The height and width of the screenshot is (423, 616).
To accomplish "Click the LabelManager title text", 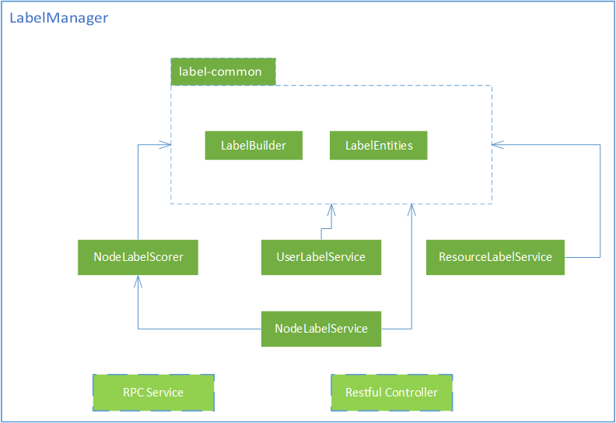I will click(59, 18).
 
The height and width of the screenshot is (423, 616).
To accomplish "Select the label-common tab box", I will click(222, 72).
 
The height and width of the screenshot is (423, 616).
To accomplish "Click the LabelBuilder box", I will click(254, 146).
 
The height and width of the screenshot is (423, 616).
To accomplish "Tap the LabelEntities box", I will click(379, 146).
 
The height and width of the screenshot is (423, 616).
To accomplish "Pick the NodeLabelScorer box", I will click(138, 257).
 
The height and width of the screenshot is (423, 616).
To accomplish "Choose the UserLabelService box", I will click(320, 257).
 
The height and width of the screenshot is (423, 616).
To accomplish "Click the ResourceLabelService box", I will click(495, 257).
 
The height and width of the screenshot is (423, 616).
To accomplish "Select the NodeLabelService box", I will click(320, 329).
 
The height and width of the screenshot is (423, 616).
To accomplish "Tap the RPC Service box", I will click(153, 392).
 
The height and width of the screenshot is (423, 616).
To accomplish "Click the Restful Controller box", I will click(391, 392).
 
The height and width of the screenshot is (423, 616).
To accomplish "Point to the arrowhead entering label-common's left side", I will click(166, 145).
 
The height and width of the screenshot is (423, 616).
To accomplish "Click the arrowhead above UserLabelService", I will click(331, 209).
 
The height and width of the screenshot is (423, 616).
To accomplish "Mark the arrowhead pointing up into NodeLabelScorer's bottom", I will click(138, 280).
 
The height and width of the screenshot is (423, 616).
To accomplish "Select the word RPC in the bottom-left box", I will click(133, 392).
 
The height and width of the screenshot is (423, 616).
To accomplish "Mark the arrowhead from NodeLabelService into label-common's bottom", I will click(411, 209).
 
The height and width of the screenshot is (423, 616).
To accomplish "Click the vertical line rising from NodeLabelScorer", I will click(138, 195).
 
